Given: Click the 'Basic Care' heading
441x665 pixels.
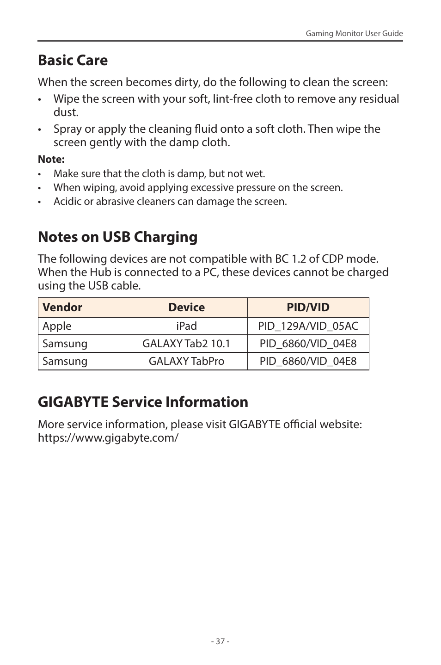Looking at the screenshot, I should pos(73,60).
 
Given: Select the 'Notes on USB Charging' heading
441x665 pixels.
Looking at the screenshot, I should pos(117,237).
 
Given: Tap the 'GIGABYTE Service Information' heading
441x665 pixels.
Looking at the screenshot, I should pos(143,402).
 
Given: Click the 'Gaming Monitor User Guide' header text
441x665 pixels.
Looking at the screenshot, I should pos(354,34).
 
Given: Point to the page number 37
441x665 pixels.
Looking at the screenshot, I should pos(220,641).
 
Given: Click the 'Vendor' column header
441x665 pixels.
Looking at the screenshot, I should pos(62,308).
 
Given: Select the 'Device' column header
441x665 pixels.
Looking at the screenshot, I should pos(186,308).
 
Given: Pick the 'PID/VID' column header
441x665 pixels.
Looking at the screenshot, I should pos(308,308).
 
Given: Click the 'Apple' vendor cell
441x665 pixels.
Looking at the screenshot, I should pos(57,326).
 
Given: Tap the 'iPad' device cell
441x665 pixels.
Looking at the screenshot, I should pos(186,326).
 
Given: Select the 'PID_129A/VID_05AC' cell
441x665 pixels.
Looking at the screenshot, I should pos(308,326).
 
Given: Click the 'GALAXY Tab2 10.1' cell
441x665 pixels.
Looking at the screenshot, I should pos(186,344).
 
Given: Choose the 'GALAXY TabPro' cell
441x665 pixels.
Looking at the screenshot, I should pos(186,361).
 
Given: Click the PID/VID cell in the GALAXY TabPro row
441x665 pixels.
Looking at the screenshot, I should pos(308,361).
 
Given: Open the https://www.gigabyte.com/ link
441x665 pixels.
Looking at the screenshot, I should pos(108,438).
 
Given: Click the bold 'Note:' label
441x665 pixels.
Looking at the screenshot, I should pos(51,160).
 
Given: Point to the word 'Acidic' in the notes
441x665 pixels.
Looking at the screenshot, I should pos(67,202).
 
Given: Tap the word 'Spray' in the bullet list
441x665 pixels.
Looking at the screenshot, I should pos(67,129).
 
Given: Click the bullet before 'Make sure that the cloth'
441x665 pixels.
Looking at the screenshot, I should pos(40,174).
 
